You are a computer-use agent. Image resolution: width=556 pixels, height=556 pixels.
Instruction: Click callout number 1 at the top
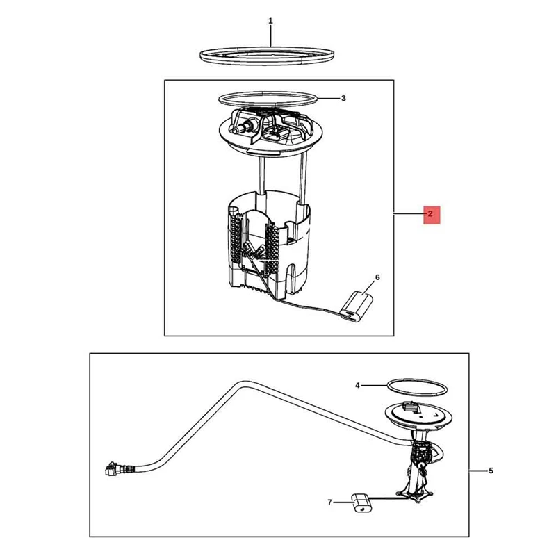click(270, 21)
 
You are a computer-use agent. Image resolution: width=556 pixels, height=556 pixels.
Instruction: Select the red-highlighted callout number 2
click(430, 214)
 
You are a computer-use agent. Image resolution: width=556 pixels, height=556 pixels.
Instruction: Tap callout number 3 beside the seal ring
click(343, 98)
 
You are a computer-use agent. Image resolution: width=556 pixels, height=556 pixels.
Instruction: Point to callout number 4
click(357, 384)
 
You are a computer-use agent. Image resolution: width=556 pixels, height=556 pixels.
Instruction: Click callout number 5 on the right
click(491, 471)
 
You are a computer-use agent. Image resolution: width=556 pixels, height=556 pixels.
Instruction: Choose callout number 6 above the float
click(377, 277)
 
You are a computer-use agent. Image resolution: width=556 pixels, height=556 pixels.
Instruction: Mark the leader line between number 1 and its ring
click(270, 36)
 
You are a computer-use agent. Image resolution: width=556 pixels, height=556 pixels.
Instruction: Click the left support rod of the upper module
click(259, 174)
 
